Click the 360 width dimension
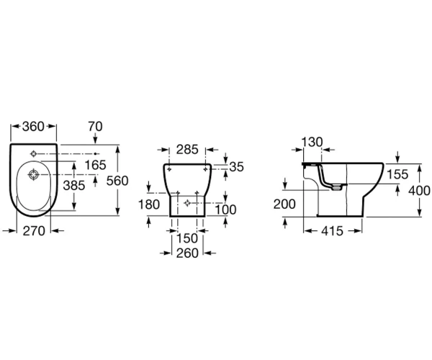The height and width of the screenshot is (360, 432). pos(33,127)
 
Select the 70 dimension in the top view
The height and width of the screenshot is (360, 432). pos(95,127)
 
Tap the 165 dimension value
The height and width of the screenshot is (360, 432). pos(95,165)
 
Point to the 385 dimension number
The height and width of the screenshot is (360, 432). pos(74,185)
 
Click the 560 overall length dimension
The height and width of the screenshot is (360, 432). pos(117,181)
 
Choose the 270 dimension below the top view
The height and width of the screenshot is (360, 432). pos(34,231)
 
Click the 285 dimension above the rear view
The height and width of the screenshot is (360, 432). pos(187,150)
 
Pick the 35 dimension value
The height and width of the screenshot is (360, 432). pos(237,167)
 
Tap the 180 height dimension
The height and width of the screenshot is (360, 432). pos(149,204)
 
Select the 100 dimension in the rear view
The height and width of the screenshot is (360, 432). pos(225,210)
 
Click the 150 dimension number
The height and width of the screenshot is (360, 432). pos(186,238)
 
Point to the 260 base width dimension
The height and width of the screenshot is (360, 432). pos(187,253)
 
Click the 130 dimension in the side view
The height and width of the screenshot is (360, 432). pos(312,142)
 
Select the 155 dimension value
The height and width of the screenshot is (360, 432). pos(397,174)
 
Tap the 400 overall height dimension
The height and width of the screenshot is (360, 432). pos(419,191)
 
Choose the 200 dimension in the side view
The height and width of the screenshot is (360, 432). pos(284,204)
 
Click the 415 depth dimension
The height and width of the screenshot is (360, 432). pos(332,231)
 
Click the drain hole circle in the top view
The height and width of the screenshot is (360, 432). pos(34,175)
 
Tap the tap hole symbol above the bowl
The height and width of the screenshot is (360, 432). pos(34,153)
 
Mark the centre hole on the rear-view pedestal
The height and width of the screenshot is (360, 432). pos(187,203)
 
